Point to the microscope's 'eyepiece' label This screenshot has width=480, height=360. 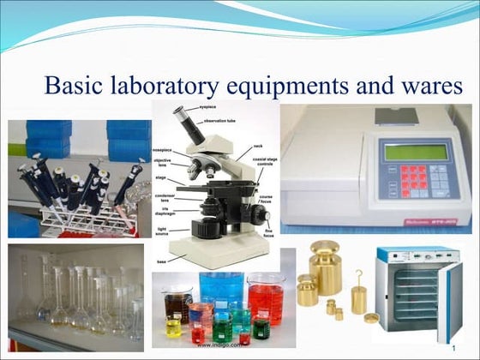[x=208, y=110]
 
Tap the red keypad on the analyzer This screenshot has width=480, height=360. [x=412, y=177]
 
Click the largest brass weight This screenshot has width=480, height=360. [x=326, y=266]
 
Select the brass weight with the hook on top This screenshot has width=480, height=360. [x=359, y=295]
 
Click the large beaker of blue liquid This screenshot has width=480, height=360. [x=221, y=290]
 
